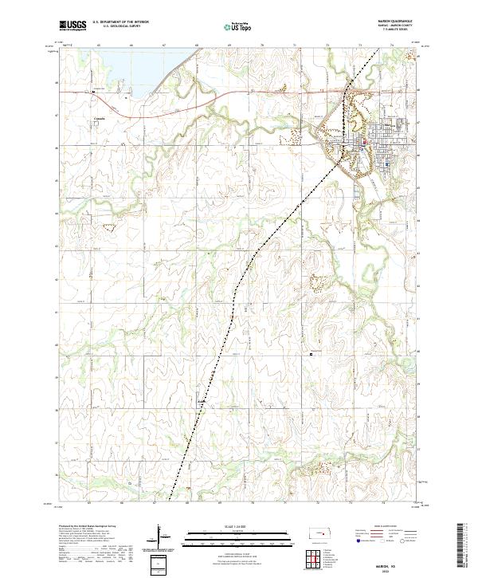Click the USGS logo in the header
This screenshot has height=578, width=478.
click(72, 26)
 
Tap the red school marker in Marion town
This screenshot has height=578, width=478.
click(365, 144)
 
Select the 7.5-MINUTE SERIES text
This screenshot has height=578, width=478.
click(386, 33)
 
